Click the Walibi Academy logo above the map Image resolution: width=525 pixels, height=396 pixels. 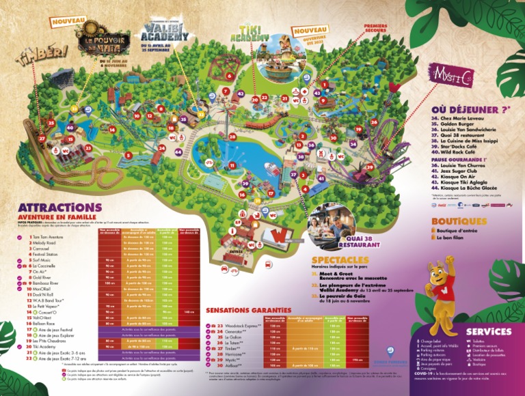pos(163,33)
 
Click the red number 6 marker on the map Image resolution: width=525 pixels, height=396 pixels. pos(230,76)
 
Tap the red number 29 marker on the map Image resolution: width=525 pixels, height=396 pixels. pos(369,167)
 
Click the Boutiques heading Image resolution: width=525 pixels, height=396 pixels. pos(458,221)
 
